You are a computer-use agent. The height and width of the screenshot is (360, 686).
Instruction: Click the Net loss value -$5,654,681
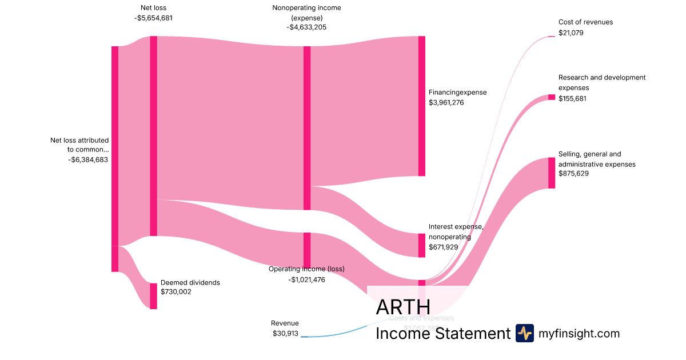pos(153,18)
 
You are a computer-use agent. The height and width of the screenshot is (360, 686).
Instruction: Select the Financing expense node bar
pos(422,106)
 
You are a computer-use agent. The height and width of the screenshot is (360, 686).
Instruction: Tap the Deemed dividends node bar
pos(153,296)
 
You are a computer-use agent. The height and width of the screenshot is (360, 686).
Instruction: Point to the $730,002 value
pos(176,292)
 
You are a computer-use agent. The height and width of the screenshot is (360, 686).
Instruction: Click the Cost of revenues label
pos(585,22)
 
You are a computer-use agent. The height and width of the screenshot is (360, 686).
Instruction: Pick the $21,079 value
pos(571,33)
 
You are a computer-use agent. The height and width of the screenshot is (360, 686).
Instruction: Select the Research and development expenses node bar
pos(552,97)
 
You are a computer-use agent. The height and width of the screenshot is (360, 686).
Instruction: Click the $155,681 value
pos(573,99)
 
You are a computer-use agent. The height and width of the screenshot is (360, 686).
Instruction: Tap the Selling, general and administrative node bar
pos(552,173)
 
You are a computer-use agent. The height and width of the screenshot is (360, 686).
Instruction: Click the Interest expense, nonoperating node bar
pos(422,245)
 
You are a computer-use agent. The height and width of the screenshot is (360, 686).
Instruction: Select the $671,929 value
pos(444,247)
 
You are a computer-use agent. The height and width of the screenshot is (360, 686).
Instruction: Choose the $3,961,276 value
pos(446,103)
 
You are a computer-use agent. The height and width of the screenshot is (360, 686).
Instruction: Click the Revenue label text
pos(285,323)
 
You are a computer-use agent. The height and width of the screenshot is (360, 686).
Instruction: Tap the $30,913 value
pos(285,333)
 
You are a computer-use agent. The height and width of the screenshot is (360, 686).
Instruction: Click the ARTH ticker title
pos(403,307)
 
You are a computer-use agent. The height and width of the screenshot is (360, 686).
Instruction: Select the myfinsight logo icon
pos(524,333)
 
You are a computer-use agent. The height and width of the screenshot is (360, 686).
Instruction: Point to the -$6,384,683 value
pos(88,159)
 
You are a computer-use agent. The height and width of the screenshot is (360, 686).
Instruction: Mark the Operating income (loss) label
pos(306,269)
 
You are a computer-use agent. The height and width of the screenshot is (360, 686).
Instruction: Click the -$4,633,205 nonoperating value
pos(307,27)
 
